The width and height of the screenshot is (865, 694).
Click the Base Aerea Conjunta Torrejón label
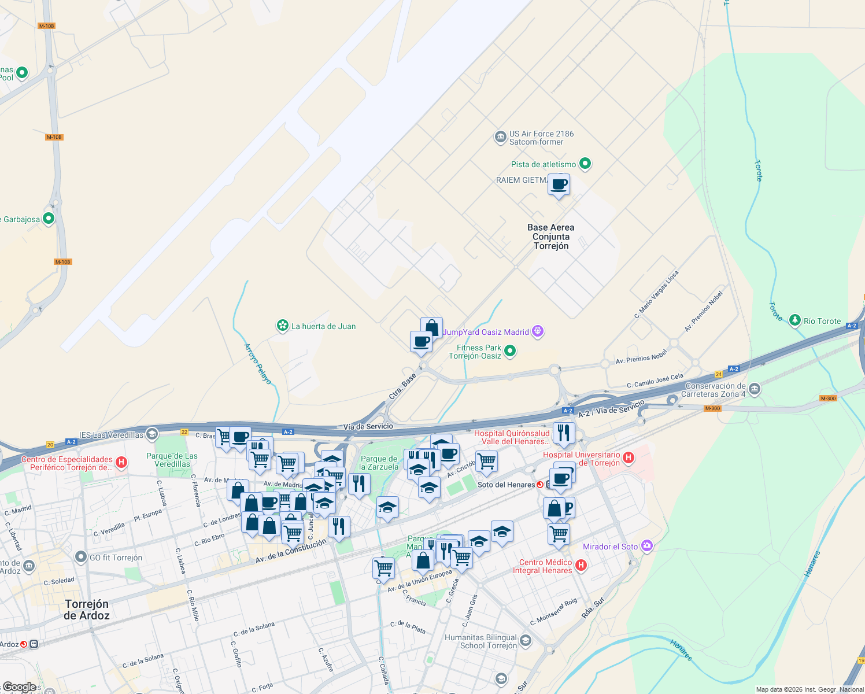tap(550, 237)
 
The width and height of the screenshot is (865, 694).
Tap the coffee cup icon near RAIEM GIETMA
tap(559, 185)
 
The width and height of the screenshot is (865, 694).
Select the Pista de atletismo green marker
tap(585, 164)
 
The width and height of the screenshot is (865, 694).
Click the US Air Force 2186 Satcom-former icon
tap(500, 138)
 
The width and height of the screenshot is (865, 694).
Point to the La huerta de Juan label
tap(323, 326)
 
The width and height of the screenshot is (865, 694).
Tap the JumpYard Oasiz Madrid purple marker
tap(538, 331)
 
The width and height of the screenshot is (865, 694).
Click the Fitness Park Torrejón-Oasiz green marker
tap(510, 351)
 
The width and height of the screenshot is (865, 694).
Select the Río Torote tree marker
tap(795, 320)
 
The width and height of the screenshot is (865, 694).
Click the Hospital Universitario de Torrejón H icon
tap(629, 458)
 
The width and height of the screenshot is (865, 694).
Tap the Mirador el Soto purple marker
tap(647, 546)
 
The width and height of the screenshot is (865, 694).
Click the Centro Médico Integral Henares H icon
tap(581, 566)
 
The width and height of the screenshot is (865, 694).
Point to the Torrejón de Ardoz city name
tap(86, 610)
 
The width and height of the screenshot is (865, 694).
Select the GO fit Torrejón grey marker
tap(81, 557)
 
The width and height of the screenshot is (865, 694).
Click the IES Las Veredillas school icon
tap(151, 434)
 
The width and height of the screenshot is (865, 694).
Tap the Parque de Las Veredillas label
tap(172, 460)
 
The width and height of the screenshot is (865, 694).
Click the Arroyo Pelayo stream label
tap(257, 364)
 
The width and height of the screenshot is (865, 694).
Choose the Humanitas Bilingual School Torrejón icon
tap(525, 640)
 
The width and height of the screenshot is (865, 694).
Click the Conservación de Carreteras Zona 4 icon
tap(754, 389)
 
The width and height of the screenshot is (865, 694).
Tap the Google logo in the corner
tap(19, 687)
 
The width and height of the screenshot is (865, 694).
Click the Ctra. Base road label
tap(402, 386)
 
